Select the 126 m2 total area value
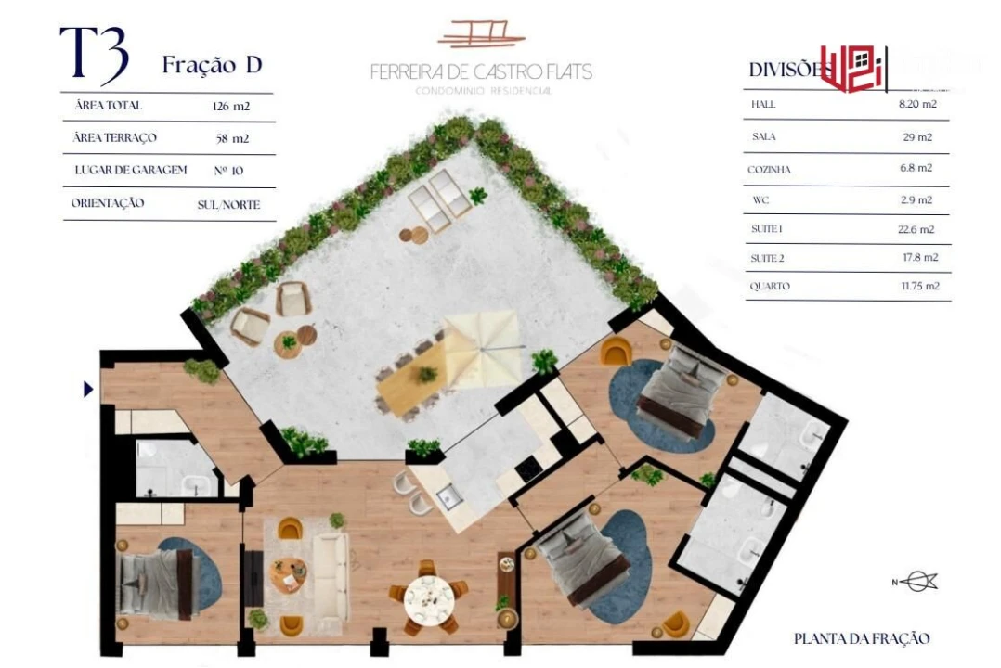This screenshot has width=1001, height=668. [231, 107]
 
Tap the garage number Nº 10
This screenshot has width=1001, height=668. [228, 171]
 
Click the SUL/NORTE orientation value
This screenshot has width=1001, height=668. [228, 204]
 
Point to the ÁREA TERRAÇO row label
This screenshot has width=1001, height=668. [115, 138]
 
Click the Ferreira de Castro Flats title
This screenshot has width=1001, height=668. [481, 71]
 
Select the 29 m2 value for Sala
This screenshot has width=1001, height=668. [917, 137]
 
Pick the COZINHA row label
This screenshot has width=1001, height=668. [769, 171]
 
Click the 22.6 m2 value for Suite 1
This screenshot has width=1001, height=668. [917, 229]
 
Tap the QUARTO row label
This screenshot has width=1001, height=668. [770, 287]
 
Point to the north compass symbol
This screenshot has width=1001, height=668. [916, 582]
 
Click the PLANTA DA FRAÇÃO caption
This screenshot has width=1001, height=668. [861, 638]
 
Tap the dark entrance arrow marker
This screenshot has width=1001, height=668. [88, 390]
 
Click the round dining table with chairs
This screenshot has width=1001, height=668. [428, 596]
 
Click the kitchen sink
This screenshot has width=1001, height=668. [449, 496]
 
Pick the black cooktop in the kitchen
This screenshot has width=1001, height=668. [528, 470]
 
